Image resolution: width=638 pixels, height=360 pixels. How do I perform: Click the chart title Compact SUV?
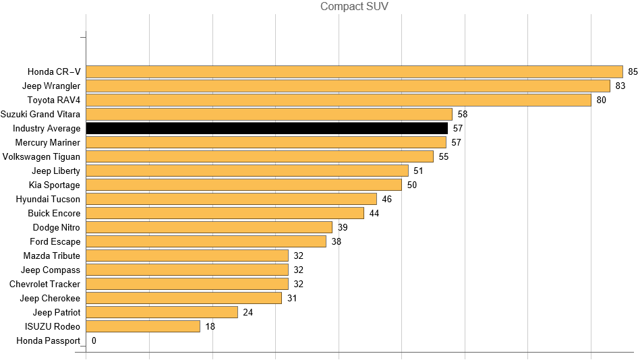tap(354, 7)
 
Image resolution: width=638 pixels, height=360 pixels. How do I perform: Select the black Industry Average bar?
tap(266, 128)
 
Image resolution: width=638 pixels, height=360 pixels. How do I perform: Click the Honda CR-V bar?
tap(354, 71)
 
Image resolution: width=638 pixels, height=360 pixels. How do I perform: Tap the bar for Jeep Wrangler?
tap(347, 86)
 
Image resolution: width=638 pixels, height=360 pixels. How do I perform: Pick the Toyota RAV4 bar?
tap(338, 100)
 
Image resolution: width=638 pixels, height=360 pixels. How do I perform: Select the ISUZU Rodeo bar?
tap(143, 326)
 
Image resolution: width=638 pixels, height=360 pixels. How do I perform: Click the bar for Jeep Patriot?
tap(162, 312)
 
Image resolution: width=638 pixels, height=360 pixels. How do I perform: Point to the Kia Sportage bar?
tap(243, 185)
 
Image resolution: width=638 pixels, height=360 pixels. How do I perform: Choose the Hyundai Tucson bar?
tap(231, 199)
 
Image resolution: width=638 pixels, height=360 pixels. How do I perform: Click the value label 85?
tap(633, 71)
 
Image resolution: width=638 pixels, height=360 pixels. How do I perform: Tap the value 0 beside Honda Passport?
tap(94, 340)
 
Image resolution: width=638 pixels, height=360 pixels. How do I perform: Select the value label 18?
tap(210, 326)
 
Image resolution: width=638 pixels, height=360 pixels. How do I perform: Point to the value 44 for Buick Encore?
tap(374, 213)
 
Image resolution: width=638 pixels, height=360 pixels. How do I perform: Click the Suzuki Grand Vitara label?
tap(40, 114)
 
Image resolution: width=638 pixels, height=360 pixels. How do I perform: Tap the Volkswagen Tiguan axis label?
tap(41, 156)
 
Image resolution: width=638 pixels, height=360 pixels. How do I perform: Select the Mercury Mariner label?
tap(48, 142)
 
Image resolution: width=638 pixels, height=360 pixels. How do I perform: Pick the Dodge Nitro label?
tap(57, 227)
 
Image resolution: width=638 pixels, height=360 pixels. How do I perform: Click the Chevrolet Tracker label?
tap(45, 284)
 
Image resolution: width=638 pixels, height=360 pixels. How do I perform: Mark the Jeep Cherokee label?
tap(50, 298)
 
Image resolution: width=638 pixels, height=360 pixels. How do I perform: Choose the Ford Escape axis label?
tap(55, 241)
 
